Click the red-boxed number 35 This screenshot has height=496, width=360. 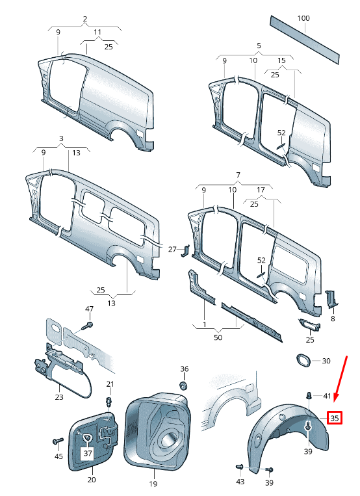tap(334, 418)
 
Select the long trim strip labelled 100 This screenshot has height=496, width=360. tap(305, 41)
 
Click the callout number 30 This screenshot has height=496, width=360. tap(326, 361)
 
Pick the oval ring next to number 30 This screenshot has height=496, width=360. tap(303, 361)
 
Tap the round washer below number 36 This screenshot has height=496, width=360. tap(184, 385)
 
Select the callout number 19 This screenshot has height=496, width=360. tap(153, 483)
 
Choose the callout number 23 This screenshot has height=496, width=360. tap(59, 396)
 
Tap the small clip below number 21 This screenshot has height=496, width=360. tap(110, 398)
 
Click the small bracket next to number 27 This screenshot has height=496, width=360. tap(185, 250)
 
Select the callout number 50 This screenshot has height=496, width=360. tap(218, 337)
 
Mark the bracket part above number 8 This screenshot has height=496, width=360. tap(329, 298)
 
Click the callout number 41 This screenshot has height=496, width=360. tap(327, 396)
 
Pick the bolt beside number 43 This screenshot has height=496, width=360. tap(239, 466)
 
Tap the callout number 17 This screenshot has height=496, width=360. tap(260, 190)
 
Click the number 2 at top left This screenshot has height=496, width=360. tap(84, 19)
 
